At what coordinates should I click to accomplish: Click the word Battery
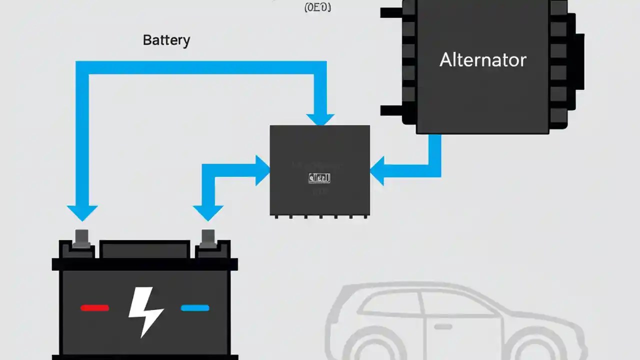tap(166, 40)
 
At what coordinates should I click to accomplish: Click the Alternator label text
tap(482, 60)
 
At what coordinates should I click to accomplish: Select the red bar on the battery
tap(94, 308)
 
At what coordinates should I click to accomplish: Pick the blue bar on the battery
tap(195, 308)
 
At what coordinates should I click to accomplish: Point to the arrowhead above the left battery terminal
tap(82, 213)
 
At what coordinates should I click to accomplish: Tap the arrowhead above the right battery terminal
tap(208, 213)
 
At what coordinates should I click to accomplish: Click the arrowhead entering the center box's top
tap(320, 119)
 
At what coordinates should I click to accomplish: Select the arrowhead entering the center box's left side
tap(262, 170)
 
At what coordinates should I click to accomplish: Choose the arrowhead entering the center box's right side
tap(378, 170)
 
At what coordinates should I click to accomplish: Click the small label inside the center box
tap(320, 178)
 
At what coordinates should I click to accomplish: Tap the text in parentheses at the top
tap(317, 7)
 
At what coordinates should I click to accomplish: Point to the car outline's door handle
tap(442, 326)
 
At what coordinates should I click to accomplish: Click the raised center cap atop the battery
tap(145, 248)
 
